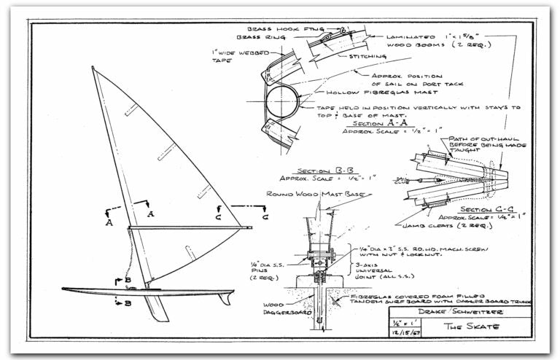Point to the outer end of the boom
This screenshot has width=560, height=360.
point(250,228)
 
